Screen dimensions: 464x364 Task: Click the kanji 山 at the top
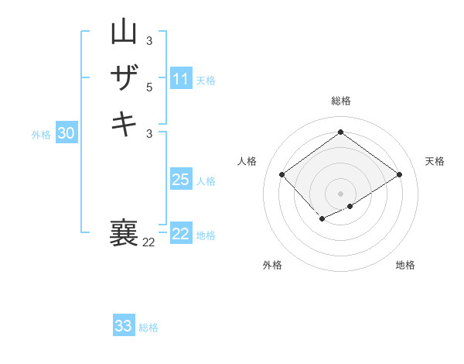124,33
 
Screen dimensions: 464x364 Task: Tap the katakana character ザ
124,77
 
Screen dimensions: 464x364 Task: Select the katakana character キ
124,123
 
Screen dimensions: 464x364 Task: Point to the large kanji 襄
124,233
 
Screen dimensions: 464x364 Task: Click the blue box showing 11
181,79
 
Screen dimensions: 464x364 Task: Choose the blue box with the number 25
181,180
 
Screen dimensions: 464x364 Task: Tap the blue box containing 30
66,133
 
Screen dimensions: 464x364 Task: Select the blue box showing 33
124,326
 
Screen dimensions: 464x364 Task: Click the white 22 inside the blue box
181,234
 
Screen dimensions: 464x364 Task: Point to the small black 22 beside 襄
148,242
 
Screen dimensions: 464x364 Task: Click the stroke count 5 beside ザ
149,88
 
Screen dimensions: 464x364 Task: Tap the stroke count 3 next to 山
149,40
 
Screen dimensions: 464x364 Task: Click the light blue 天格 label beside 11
206,81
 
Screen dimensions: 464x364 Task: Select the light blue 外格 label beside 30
41,135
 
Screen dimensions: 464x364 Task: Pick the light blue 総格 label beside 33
148,328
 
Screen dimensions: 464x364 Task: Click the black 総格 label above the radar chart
340,101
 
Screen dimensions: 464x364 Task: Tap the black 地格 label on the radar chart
405,265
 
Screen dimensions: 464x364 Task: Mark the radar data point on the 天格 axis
399,175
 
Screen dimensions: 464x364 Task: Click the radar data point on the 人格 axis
282,175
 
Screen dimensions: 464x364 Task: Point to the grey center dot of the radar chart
340,193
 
